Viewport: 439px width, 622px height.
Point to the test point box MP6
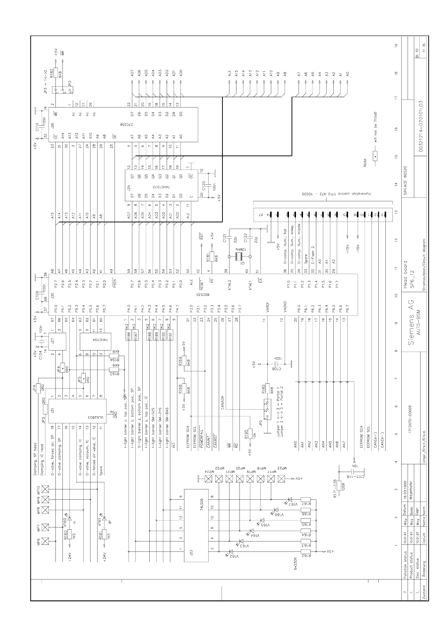click(x=45, y=541)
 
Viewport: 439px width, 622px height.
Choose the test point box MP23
click(x=281, y=479)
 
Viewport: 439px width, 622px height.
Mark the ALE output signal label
click(x=230, y=74)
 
